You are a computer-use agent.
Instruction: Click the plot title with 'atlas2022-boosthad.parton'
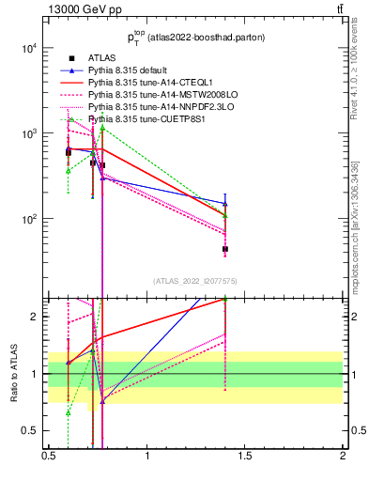pyautogui.click(x=195, y=38)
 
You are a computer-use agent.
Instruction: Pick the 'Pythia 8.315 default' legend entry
pyautogui.click(x=135, y=70)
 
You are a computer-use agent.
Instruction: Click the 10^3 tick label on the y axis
pyautogui.click(x=28, y=134)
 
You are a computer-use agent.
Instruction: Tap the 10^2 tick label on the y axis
pyautogui.click(x=28, y=220)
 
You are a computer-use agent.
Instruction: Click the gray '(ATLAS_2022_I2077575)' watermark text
pyautogui.click(x=195, y=281)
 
